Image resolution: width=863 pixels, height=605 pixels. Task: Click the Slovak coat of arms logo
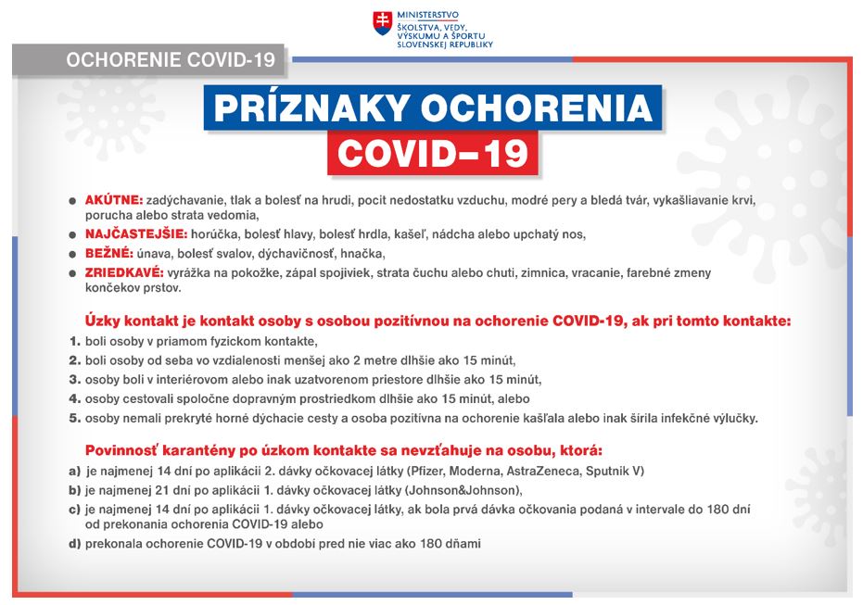pyautogui.click(x=382, y=25)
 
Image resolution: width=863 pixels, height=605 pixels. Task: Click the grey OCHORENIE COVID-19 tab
pyautogui.click(x=171, y=60)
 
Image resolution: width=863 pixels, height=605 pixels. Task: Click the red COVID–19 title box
pyautogui.click(x=432, y=154)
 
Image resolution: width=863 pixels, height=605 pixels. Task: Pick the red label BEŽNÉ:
pyautogui.click(x=108, y=253)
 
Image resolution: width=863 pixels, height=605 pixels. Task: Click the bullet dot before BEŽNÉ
pyautogui.click(x=73, y=254)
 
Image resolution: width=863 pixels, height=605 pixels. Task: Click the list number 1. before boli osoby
pyautogui.click(x=75, y=342)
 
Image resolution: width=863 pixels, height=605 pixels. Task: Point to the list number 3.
pyautogui.click(x=75, y=380)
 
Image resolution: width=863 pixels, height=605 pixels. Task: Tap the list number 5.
pyautogui.click(x=75, y=418)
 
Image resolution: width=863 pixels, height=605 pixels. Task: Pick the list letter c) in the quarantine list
pyautogui.click(x=74, y=510)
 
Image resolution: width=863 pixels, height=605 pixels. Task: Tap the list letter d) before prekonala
pyautogui.click(x=74, y=544)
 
